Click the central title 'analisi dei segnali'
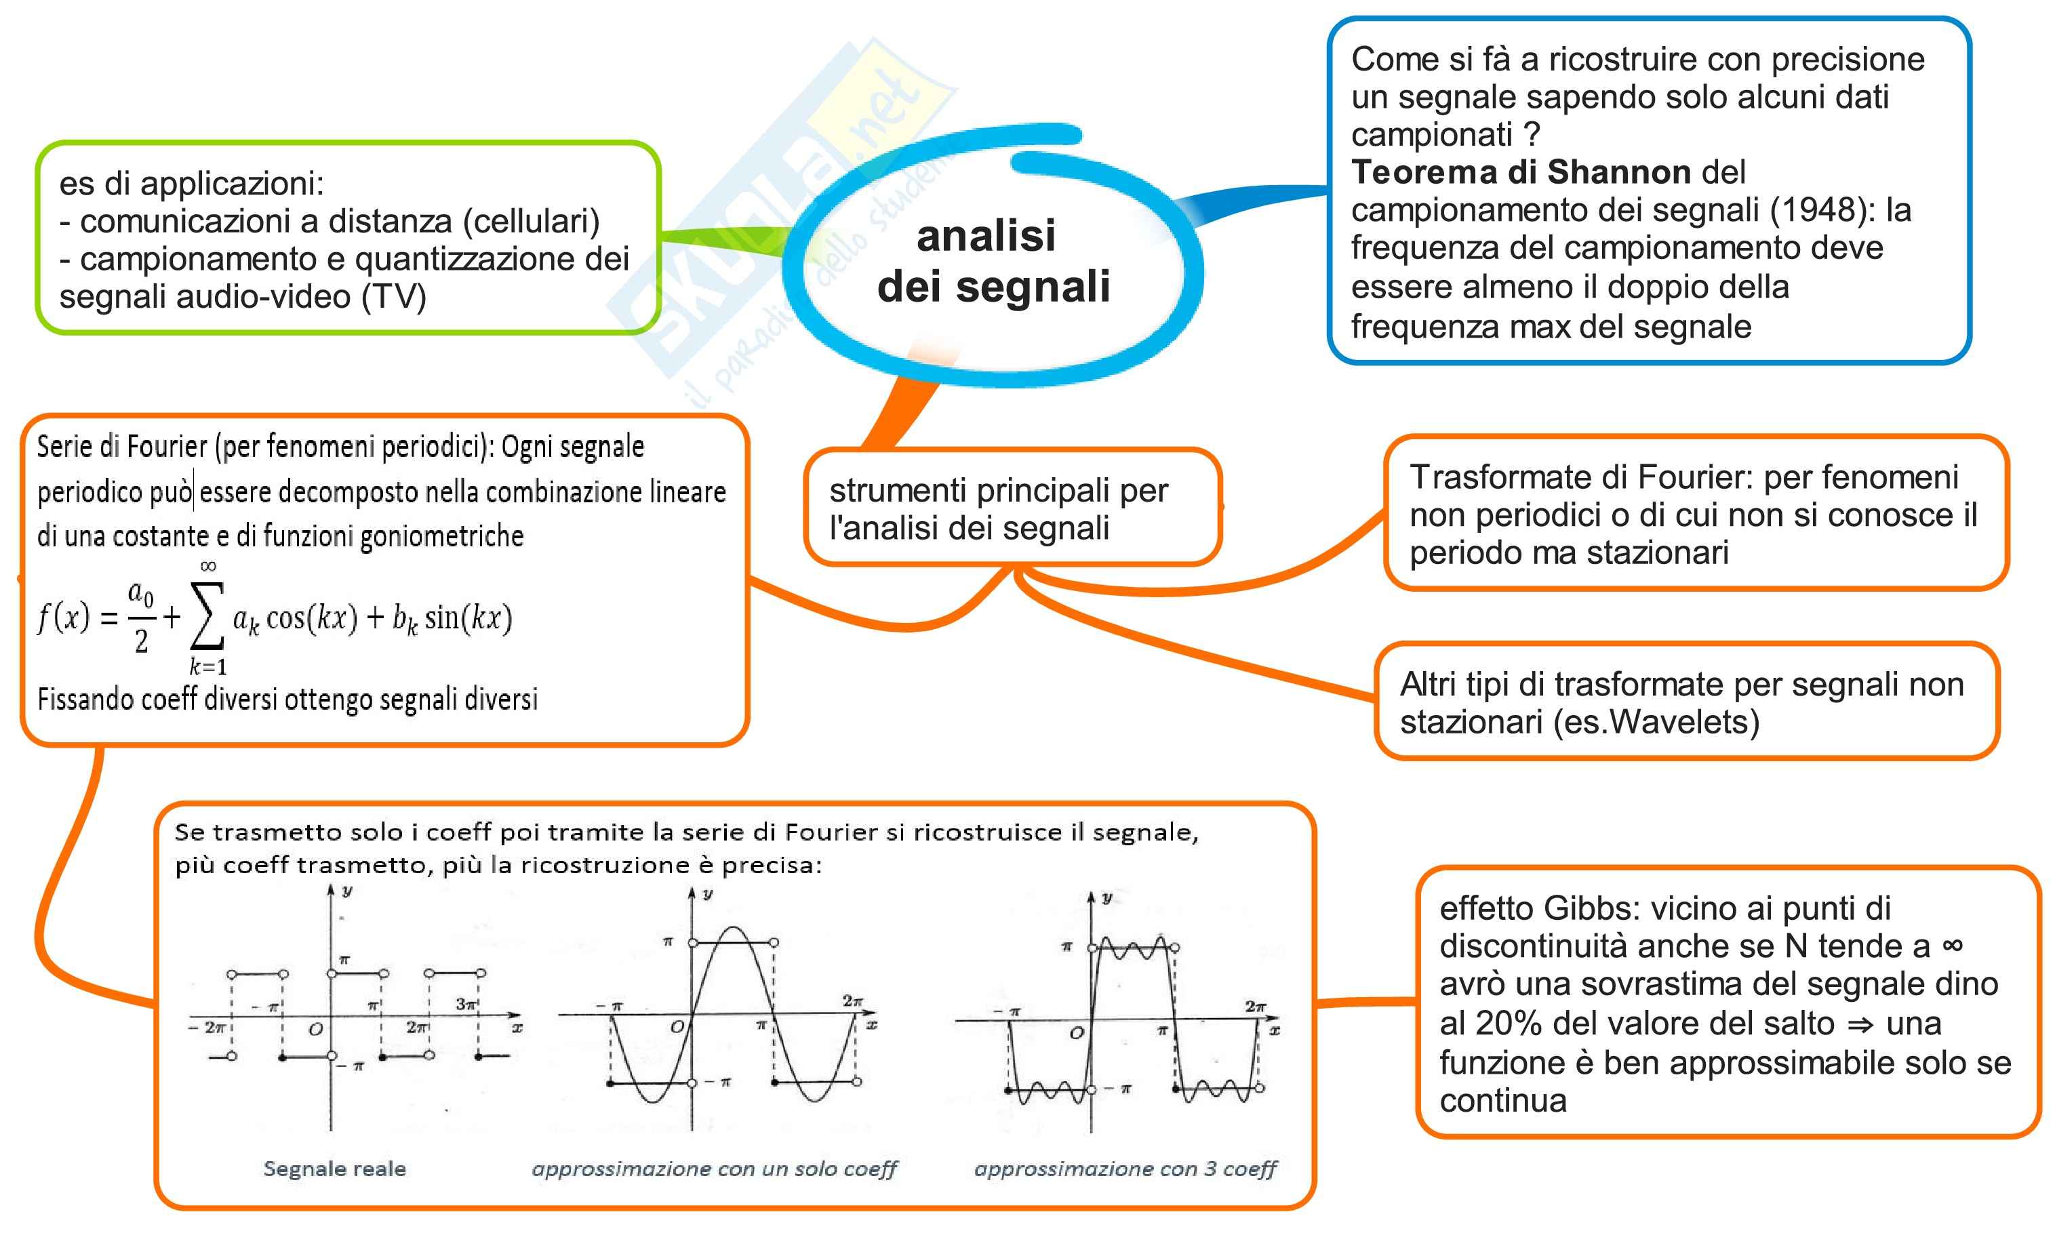click(993, 261)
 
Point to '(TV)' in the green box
click(394, 296)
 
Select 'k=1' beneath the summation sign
click(207, 666)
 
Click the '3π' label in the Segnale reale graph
click(465, 1004)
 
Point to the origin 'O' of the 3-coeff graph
click(1077, 1033)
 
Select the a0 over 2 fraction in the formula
click(141, 617)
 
